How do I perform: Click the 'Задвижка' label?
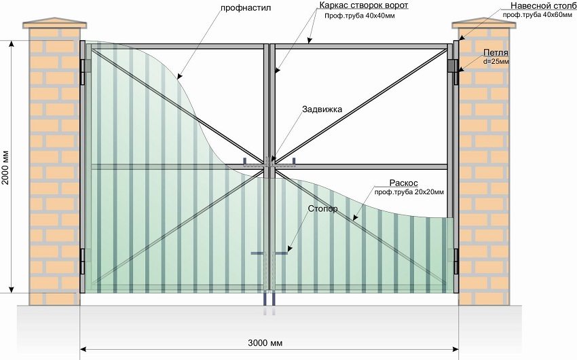[x=322, y=109]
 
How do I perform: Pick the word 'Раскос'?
[x=403, y=183]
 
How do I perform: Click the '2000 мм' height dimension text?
[x=6, y=166]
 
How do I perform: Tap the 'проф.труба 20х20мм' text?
[x=409, y=193]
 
